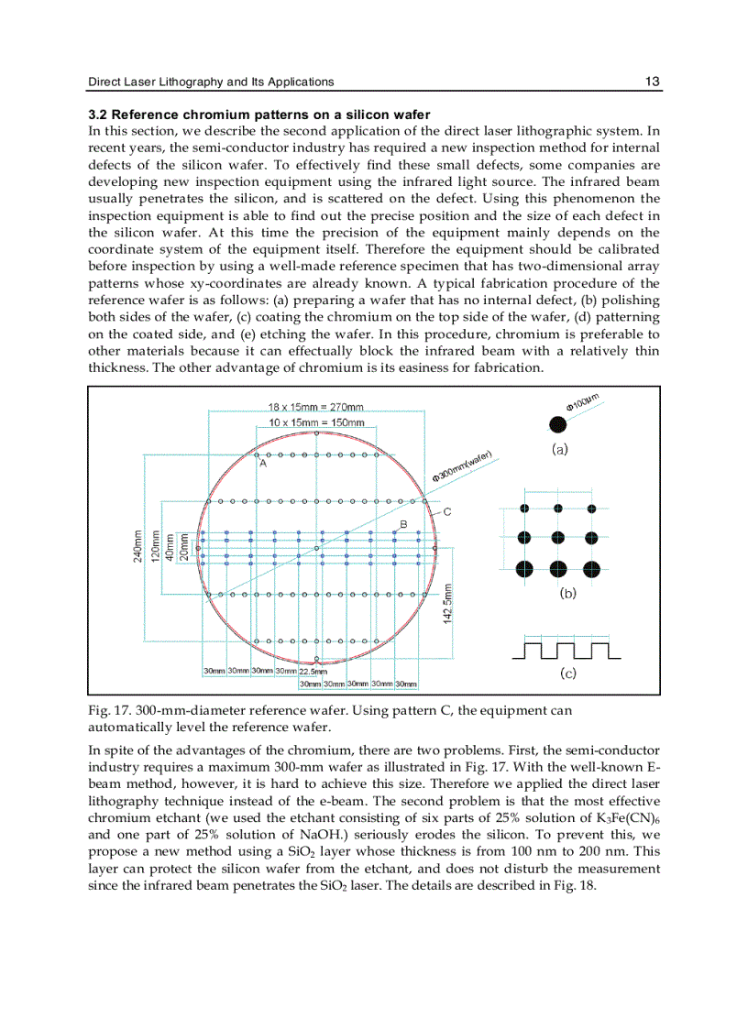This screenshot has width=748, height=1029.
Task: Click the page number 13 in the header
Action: point(652,82)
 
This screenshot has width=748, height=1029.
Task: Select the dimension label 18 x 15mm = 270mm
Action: point(315,407)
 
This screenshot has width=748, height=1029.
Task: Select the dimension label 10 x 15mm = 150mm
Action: point(316,422)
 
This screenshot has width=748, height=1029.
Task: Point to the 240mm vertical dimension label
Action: point(137,547)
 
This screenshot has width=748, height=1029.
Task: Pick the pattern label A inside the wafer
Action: point(262,465)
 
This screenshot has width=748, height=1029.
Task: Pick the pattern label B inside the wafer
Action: point(401,523)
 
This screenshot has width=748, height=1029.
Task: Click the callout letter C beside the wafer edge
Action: point(446,512)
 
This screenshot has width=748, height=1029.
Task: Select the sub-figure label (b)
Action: point(568,593)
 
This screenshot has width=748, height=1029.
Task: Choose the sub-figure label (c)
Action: point(568,673)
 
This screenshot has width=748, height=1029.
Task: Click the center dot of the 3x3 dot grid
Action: point(557,538)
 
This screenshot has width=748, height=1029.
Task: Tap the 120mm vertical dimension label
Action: point(156,547)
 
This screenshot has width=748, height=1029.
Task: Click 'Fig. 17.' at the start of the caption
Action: point(108,711)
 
